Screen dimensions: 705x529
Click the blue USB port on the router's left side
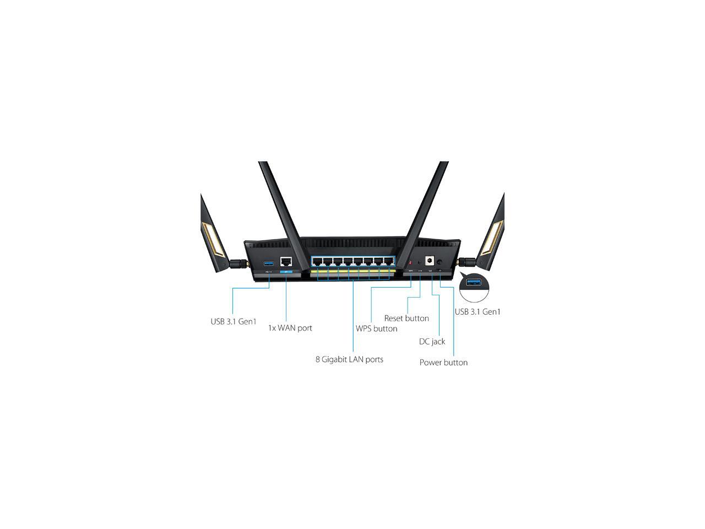(268, 264)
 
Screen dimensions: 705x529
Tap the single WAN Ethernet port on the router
(286, 262)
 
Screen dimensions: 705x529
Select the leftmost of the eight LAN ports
(317, 261)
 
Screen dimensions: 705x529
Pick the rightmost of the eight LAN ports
(389, 261)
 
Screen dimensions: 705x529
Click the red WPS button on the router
(410, 263)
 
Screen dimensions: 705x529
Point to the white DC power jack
(430, 261)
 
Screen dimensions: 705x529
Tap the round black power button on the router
(440, 262)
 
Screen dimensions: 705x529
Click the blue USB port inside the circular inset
(474, 282)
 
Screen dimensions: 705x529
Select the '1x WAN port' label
(290, 328)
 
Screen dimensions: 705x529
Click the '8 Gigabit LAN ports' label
(349, 359)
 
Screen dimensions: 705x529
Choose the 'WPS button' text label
(376, 328)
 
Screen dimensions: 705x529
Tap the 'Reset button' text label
(406, 319)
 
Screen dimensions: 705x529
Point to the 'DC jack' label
(432, 342)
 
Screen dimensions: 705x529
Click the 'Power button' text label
(443, 362)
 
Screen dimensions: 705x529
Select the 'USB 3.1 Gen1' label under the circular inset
(478, 311)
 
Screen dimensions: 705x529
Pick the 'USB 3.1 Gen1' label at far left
(234, 321)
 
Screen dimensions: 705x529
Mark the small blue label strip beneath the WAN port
(286, 272)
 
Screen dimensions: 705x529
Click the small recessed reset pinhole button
(420, 263)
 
